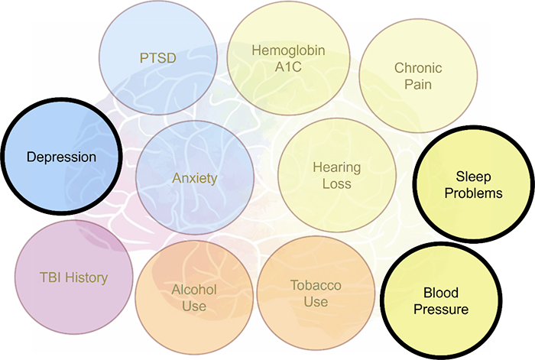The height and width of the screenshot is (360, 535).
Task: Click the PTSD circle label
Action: [158, 58]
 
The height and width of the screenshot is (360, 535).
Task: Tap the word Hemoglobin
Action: [288, 50]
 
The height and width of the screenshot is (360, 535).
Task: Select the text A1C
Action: [288, 67]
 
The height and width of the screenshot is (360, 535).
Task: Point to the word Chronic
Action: [418, 68]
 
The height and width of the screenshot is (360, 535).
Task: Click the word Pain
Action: [418, 84]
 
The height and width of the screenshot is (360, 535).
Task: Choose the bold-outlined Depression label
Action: [61, 157]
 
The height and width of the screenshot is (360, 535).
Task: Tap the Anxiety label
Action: [194, 178]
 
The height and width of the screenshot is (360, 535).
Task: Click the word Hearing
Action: [337, 167]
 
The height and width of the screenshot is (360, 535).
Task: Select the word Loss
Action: [337, 184]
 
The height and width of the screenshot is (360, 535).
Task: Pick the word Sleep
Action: [473, 177]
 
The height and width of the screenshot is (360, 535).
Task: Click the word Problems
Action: [473, 193]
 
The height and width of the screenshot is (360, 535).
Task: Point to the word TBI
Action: [50, 277]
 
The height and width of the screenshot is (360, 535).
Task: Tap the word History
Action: [86, 277]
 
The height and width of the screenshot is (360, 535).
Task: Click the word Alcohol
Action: [194, 290]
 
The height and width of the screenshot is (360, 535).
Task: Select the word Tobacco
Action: [316, 285]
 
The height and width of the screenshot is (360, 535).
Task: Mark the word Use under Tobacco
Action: [316, 302]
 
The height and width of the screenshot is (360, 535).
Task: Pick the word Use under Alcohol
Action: [194, 306]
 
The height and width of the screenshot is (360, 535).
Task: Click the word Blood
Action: [441, 293]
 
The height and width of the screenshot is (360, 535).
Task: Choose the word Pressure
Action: [441, 309]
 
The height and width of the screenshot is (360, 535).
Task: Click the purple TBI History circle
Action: [73, 277]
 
